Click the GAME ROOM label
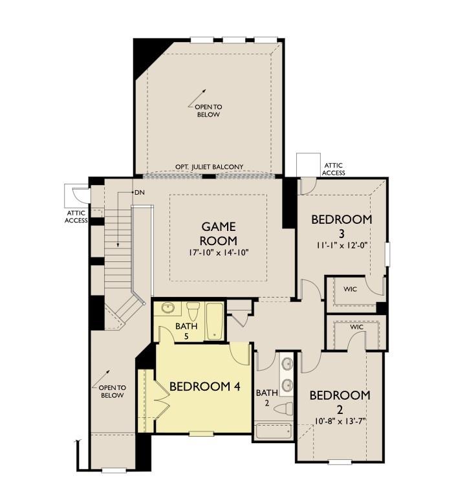pyautogui.click(x=219, y=234)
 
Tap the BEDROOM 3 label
pyautogui.click(x=342, y=226)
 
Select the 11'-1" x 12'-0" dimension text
pyautogui.click(x=342, y=245)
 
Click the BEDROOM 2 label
pyautogui.click(x=340, y=402)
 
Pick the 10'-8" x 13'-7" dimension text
pyautogui.click(x=340, y=421)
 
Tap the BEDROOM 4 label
pyautogui.click(x=204, y=386)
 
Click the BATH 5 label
pyautogui.click(x=186, y=331)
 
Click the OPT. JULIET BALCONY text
pyautogui.click(x=210, y=167)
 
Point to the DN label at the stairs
pyautogui.click(x=139, y=193)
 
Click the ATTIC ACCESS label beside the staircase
pyautogui.click(x=76, y=216)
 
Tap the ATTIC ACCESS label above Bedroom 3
pyautogui.click(x=334, y=169)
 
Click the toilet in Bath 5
pyautogui.click(x=193, y=309)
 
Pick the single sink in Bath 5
pyautogui.click(x=168, y=309)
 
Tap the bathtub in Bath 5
pyautogui.click(x=214, y=320)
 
